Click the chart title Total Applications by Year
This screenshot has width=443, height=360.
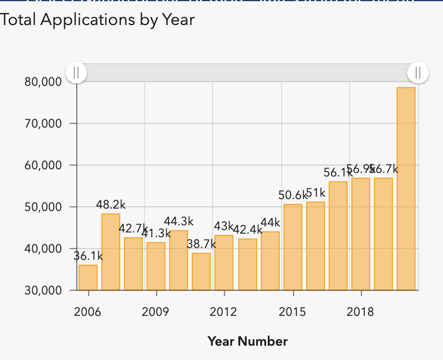pyautogui.click(x=98, y=19)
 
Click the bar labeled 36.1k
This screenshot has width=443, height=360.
pyautogui.click(x=88, y=277)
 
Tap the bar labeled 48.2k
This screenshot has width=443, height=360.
pyautogui.click(x=111, y=252)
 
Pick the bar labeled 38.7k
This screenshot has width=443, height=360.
pyautogui.click(x=201, y=271)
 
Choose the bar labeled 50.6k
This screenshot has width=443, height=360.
pyautogui.click(x=293, y=247)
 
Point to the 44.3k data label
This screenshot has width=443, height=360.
pyautogui.click(x=179, y=222)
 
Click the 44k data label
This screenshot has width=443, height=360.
pyautogui.click(x=270, y=223)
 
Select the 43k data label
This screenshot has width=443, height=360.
pyautogui.click(x=224, y=226)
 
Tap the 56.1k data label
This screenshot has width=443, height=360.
pyautogui.click(x=338, y=172)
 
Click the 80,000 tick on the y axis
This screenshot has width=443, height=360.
pyautogui.click(x=43, y=82)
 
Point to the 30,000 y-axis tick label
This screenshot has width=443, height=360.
pyautogui.click(x=43, y=291)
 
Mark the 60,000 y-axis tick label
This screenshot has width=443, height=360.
pyautogui.click(x=43, y=165)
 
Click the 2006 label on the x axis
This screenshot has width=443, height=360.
pyautogui.click(x=88, y=312)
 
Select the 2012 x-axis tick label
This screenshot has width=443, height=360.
pyautogui.click(x=223, y=312)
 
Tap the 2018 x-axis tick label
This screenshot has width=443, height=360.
pyautogui.click(x=360, y=312)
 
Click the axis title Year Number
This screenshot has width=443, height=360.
pyautogui.click(x=247, y=342)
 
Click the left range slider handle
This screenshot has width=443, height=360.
pyautogui.click(x=76, y=73)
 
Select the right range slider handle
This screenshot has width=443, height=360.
pyautogui.click(x=418, y=73)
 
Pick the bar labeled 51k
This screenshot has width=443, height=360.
pyautogui.click(x=316, y=246)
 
